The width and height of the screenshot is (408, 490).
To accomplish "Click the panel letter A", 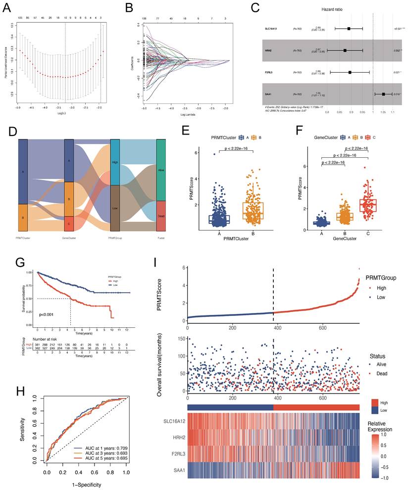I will pos(8,7).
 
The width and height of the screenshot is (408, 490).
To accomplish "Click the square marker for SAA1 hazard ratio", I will pos(383,94).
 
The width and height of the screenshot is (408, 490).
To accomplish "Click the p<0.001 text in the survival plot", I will pos(51,314).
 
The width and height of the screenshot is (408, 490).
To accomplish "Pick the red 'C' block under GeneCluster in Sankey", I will pos(69,223).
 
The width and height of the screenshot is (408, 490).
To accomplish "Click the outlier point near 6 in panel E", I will pos(201,154).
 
